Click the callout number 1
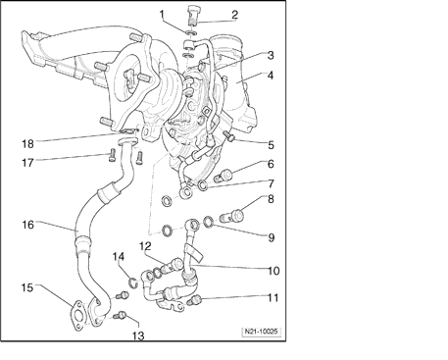(162, 14)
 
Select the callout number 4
(270, 76)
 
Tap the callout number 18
(27, 143)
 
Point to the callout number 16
(27, 225)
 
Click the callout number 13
(138, 335)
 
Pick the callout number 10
(274, 271)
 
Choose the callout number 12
(145, 246)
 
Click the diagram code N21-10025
(261, 332)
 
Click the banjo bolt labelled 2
(194, 15)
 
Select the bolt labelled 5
(229, 136)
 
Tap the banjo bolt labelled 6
(224, 176)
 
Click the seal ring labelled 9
(208, 222)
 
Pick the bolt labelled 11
(196, 300)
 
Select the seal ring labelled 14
(133, 283)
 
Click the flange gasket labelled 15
(77, 316)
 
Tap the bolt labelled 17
(112, 155)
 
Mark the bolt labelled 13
(120, 315)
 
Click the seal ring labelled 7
(203, 185)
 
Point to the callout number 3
(271, 55)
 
